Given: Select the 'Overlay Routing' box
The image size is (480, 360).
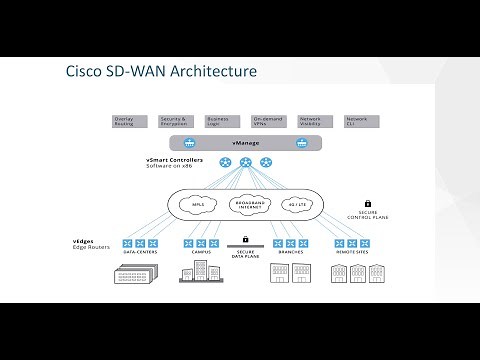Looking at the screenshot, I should tap(125, 120).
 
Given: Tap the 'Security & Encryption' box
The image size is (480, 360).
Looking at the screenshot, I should tap(173, 120).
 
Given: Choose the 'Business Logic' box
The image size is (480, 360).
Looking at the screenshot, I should tap(217, 120).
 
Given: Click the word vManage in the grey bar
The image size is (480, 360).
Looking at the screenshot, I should tap(245, 142).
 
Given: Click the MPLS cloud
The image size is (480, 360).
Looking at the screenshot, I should tap(197, 207).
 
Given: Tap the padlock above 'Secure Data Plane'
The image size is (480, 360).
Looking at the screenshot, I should tap(244, 240).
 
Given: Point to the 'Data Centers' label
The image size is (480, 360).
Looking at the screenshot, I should tap(140, 253).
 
